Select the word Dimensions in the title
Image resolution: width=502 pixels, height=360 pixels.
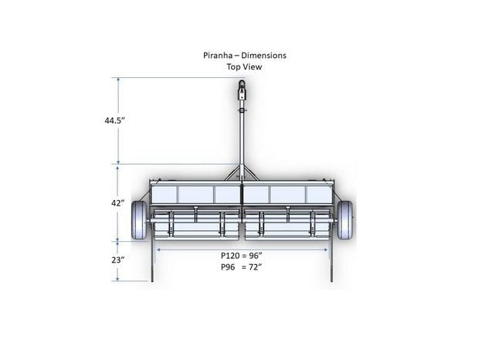[x=263, y=56]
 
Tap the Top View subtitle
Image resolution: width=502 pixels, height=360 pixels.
[x=244, y=67]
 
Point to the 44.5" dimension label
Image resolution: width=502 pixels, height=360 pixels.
[x=114, y=121]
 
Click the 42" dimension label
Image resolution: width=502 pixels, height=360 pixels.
[x=118, y=203]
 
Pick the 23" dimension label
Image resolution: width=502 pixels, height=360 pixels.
[x=118, y=260]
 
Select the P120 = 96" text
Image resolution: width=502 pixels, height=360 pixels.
[x=242, y=256]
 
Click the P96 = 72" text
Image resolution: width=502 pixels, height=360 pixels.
[x=242, y=267]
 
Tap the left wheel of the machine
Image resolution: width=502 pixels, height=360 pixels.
[x=139, y=220]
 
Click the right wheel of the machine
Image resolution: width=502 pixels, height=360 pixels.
[x=344, y=220]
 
